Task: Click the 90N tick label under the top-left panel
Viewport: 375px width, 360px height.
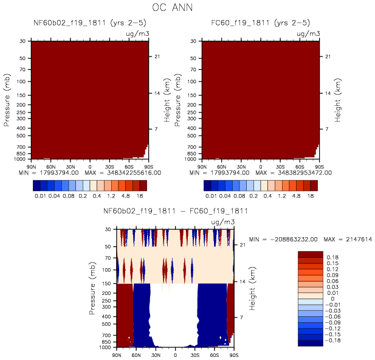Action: [32, 166]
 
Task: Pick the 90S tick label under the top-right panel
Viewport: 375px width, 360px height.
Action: [317, 166]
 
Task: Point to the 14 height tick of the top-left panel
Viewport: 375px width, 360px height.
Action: [156, 94]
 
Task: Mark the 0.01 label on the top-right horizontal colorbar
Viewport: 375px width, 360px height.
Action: [211, 196]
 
